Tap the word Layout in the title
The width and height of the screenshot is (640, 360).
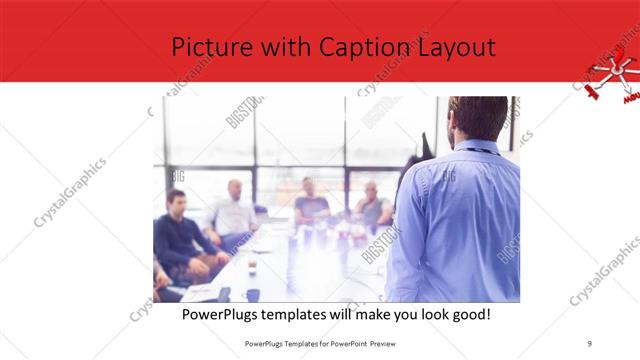point(455,48)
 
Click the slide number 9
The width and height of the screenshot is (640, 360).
point(590,343)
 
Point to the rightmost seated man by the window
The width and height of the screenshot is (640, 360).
point(372,207)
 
